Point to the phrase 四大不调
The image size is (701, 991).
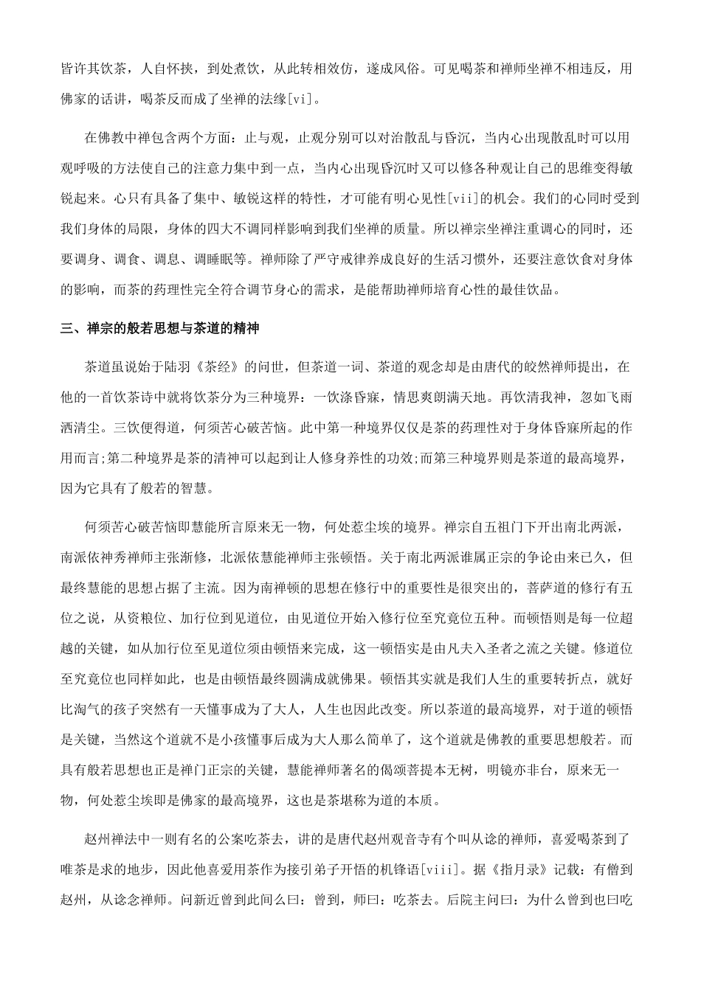(250, 228)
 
